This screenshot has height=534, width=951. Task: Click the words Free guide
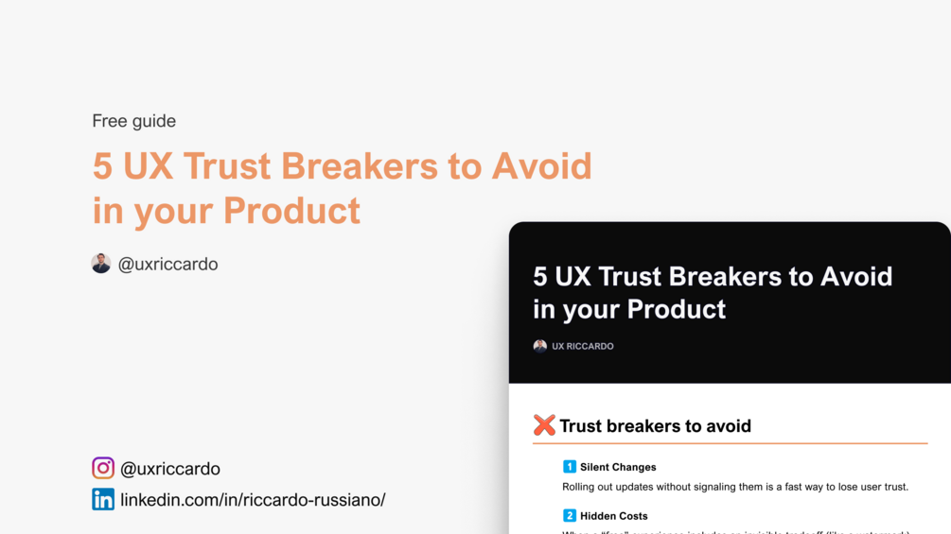133,121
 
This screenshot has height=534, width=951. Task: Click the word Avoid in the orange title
541,166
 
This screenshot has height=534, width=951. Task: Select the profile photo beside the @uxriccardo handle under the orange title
101,264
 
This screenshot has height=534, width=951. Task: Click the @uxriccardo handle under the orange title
167,265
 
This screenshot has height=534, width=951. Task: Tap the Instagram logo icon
103,468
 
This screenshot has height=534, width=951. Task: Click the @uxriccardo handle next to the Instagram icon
170,469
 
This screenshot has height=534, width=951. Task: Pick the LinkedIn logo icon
103,499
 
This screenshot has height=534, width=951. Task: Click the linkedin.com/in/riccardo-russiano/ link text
253,500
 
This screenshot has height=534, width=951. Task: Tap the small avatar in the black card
539,346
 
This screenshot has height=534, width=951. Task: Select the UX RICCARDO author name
583,347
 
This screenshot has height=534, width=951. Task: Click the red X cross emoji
544,425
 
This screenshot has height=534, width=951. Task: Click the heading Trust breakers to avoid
655,426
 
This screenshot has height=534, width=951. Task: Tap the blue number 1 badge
570,467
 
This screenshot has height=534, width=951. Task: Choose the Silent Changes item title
618,467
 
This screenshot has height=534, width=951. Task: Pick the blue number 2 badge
570,516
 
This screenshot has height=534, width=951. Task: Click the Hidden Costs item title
614,516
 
